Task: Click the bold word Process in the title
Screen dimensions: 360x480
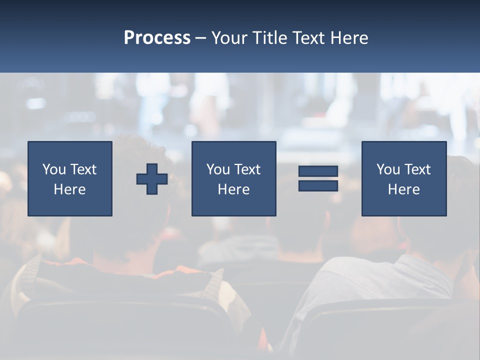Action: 157,38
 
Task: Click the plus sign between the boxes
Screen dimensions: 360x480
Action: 152,179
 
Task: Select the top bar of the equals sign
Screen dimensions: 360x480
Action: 318,171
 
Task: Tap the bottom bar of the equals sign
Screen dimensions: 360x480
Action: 318,186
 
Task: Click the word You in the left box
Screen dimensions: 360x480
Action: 54,169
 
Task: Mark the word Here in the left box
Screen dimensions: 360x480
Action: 69,189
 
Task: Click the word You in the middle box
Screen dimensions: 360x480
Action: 218,169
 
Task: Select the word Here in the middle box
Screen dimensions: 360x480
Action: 233,189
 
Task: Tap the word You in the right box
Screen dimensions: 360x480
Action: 388,169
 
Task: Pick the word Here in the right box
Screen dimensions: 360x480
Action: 403,189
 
